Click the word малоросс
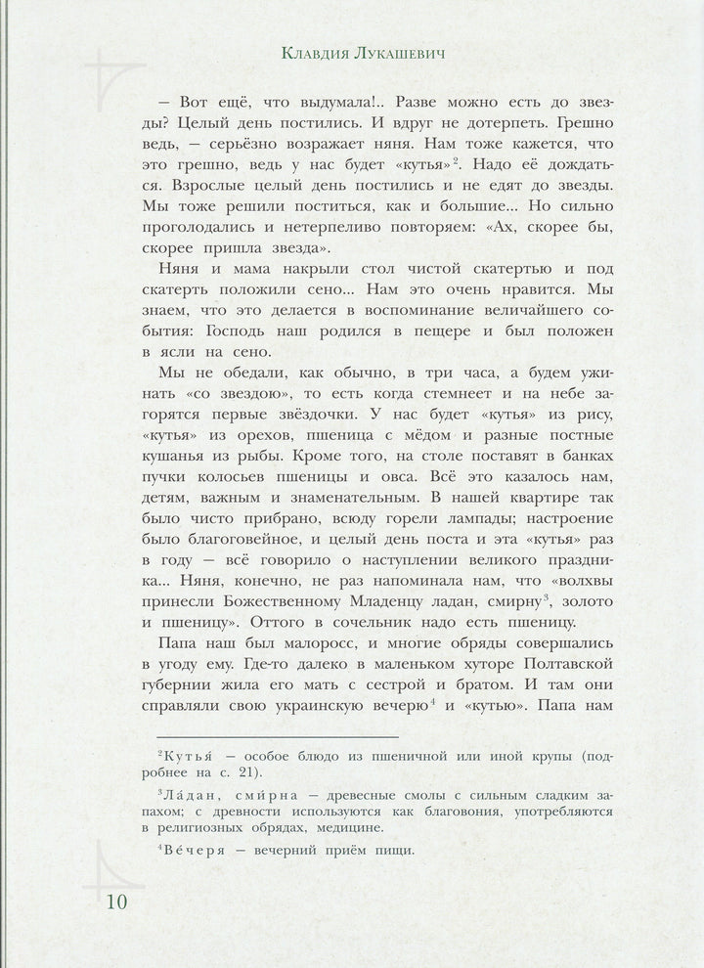313,646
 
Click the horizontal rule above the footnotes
278,736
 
